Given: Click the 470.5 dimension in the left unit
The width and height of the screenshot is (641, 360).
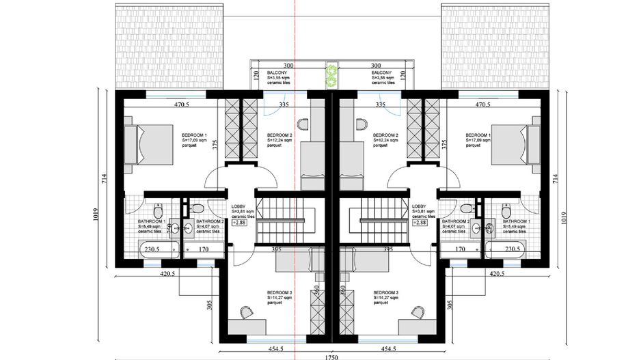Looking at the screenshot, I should point(181,105).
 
